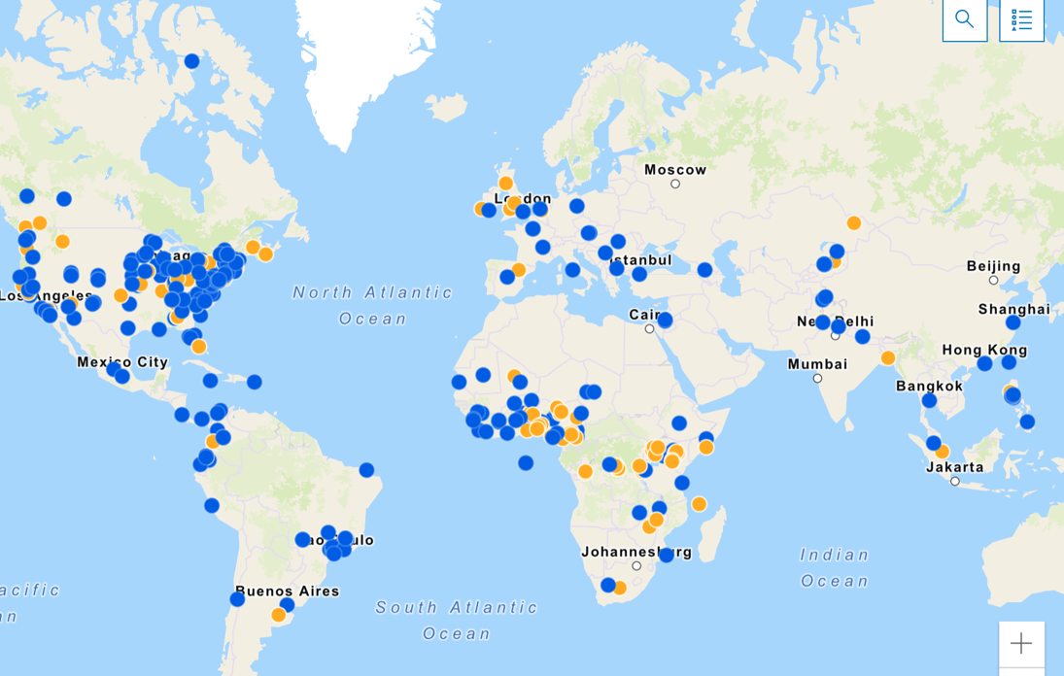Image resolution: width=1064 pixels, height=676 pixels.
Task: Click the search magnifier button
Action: tap(964, 19)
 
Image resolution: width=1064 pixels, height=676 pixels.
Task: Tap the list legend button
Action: tap(1021, 19)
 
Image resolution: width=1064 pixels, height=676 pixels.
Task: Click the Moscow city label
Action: tap(675, 170)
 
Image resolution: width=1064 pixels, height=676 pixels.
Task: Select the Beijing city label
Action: tap(993, 266)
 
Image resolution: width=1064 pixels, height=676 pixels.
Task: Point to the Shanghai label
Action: tap(1013, 309)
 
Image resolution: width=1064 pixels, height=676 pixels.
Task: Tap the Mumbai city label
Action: tap(817, 364)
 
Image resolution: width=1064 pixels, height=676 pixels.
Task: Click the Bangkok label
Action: tap(929, 386)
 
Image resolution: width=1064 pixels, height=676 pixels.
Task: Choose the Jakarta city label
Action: tap(954, 467)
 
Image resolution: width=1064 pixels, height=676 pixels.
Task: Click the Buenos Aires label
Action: tap(288, 591)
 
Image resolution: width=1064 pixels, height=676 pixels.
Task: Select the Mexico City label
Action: tap(122, 362)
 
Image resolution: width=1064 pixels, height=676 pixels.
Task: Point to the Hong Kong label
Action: tap(983, 350)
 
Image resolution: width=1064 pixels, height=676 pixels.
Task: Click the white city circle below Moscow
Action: tap(675, 184)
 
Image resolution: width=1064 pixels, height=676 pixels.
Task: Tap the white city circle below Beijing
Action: tap(993, 280)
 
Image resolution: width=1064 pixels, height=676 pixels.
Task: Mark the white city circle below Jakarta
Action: tap(955, 481)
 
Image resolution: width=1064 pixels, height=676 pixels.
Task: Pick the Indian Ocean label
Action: tap(835, 567)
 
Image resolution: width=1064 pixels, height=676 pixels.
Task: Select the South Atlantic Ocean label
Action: tap(457, 620)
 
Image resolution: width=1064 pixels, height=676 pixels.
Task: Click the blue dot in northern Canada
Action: tap(191, 61)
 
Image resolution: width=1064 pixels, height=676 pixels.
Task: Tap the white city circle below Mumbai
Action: tap(817, 378)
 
